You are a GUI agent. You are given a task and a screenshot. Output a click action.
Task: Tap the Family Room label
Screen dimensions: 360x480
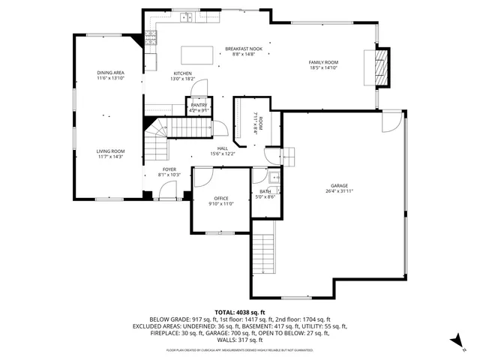point(323,62)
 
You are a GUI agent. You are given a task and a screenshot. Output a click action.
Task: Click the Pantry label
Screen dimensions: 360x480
point(199,105)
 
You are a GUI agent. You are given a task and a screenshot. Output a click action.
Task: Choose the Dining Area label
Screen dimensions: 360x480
point(109,73)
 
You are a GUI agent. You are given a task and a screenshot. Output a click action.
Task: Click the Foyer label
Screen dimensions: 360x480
point(169,169)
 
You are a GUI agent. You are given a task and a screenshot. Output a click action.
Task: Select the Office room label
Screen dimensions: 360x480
point(220,199)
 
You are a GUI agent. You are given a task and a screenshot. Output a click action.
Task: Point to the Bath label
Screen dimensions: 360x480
point(265,192)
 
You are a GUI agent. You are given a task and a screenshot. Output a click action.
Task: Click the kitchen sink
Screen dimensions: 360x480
point(186,17)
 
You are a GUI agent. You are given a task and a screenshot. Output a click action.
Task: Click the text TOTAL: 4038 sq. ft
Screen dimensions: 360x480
point(239,312)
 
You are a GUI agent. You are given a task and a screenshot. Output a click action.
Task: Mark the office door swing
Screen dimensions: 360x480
point(201,178)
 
